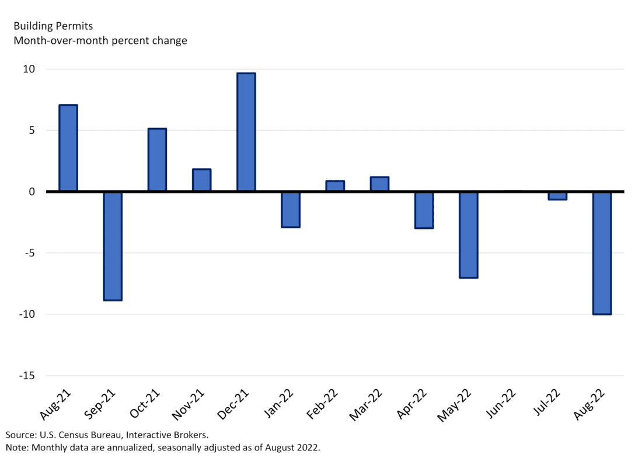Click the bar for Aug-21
click(x=68, y=148)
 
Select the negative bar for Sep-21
click(x=113, y=246)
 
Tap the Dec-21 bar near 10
click(x=246, y=132)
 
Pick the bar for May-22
click(x=468, y=234)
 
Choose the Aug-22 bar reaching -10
click(x=602, y=253)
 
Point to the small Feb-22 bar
click(x=335, y=186)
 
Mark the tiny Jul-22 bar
click(x=557, y=196)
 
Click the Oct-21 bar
click(x=157, y=159)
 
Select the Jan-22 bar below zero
click(x=291, y=209)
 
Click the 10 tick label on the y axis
click(x=29, y=69)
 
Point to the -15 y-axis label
click(x=26, y=376)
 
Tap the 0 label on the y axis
click(x=32, y=192)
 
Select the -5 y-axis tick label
click(x=29, y=253)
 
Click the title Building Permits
click(x=53, y=26)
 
